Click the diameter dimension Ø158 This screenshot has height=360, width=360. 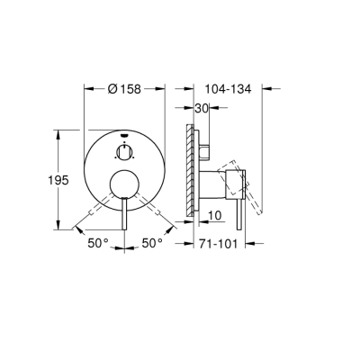pyautogui.click(x=124, y=90)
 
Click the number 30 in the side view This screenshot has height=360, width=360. pyautogui.click(x=202, y=109)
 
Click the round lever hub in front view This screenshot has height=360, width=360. pyautogui.click(x=124, y=186)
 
